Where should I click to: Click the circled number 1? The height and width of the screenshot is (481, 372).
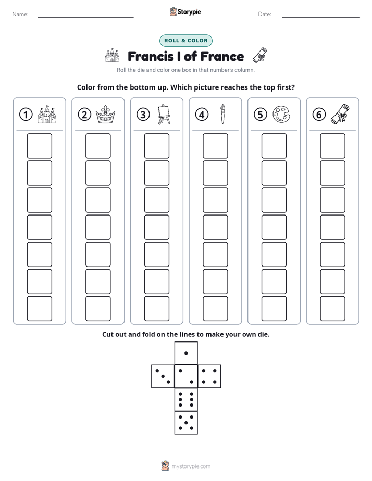pos(26,115)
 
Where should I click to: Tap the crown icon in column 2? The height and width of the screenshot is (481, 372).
pos(105,115)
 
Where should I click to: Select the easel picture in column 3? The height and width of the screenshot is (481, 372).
pos(164,114)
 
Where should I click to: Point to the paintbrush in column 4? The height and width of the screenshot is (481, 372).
pos(222,114)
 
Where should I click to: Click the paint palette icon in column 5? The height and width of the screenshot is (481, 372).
pos(281,115)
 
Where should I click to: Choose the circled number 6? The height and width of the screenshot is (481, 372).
pos(319,115)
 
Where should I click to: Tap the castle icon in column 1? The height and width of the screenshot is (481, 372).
pos(47,115)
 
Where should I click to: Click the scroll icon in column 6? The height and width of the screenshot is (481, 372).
pos(340,114)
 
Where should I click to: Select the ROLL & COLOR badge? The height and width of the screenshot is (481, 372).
pos(185,41)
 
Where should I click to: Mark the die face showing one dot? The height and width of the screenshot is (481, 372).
pos(186,353)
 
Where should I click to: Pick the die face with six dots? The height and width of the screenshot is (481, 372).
pos(186,400)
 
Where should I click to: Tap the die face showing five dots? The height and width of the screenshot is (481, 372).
pos(186,423)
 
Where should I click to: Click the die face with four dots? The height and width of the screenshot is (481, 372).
pos(209,376)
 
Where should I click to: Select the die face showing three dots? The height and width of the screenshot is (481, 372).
pos(163,376)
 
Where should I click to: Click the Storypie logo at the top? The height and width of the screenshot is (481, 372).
pos(185,11)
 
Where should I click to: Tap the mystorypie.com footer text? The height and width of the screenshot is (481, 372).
pos(191,466)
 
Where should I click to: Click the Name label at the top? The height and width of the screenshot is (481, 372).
pos(20,14)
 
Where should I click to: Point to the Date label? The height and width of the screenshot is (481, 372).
pos(265,14)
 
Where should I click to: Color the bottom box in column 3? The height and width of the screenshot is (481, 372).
pos(156,309)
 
